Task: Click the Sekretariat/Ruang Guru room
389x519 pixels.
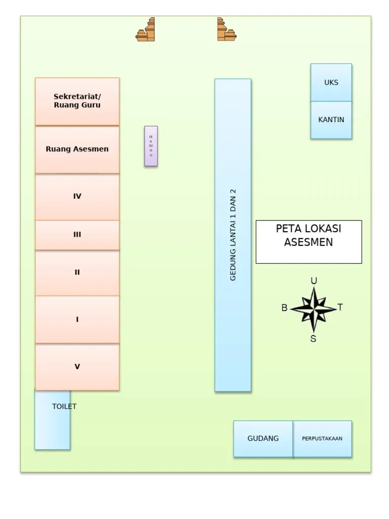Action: (x=77, y=101)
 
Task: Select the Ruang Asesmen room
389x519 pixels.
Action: (x=77, y=150)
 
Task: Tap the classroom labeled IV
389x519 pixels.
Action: (x=77, y=197)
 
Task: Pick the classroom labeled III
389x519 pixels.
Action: (x=77, y=235)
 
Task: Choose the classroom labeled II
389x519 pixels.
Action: (x=77, y=273)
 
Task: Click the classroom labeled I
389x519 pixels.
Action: (x=77, y=319)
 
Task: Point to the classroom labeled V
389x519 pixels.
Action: (x=77, y=366)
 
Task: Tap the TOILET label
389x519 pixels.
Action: (x=64, y=406)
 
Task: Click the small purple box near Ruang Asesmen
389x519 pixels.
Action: (x=151, y=146)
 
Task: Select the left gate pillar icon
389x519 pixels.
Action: (x=146, y=30)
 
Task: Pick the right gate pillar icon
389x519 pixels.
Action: (x=226, y=30)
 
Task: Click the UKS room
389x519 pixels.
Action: (x=331, y=82)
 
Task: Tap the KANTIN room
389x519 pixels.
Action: (x=331, y=120)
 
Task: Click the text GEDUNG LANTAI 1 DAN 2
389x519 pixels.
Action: (x=233, y=235)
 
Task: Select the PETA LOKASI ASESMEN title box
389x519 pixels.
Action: (x=308, y=241)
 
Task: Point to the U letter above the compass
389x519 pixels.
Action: (x=314, y=281)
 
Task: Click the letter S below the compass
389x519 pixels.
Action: (x=313, y=339)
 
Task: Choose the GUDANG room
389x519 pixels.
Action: (x=263, y=438)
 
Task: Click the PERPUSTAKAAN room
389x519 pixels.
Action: (x=322, y=438)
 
